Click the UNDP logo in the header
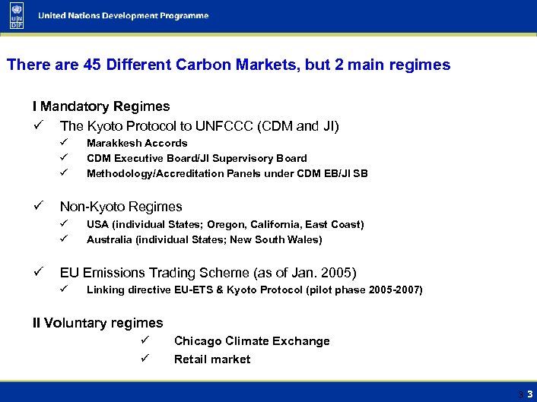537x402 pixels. (17, 16)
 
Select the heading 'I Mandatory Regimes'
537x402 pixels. (100, 106)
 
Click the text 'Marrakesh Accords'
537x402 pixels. (137, 143)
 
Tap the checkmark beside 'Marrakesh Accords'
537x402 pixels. (65, 143)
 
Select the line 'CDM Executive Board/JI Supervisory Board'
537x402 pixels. (197, 158)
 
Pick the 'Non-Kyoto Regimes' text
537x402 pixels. (121, 206)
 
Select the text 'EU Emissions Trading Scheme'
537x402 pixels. (165, 272)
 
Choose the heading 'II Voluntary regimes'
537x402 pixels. (97, 323)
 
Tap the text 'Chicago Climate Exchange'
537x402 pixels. (252, 341)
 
